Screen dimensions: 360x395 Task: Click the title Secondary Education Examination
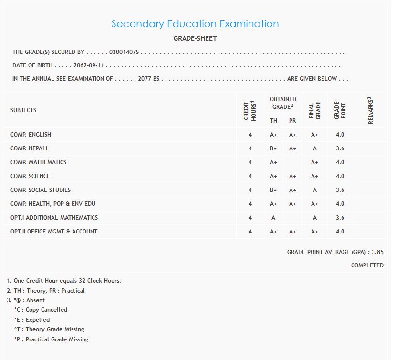click(x=195, y=24)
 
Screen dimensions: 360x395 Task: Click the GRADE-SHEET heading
click(x=195, y=38)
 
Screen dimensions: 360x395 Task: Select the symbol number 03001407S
click(x=124, y=52)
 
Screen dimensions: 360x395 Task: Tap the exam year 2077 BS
click(x=148, y=79)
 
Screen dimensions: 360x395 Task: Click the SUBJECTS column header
click(x=23, y=110)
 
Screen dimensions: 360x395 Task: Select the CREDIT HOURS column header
click(x=250, y=111)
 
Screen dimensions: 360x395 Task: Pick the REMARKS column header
click(x=370, y=111)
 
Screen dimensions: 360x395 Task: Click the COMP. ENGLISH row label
click(x=31, y=135)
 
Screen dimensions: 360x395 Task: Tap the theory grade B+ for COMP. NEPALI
click(x=273, y=148)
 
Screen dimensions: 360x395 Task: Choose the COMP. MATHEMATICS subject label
click(x=38, y=162)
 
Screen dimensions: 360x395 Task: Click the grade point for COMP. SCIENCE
click(x=340, y=176)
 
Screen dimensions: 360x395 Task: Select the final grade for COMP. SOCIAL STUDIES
click(x=315, y=190)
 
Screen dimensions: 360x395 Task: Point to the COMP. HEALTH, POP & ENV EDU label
click(x=53, y=204)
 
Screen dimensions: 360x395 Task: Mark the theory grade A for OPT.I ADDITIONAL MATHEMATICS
click(x=273, y=218)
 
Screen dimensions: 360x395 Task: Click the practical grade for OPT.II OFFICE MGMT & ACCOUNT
click(x=292, y=232)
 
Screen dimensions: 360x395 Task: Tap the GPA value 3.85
click(x=377, y=252)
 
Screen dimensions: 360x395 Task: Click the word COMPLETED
click(x=367, y=265)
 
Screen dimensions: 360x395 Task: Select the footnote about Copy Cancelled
click(x=41, y=310)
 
